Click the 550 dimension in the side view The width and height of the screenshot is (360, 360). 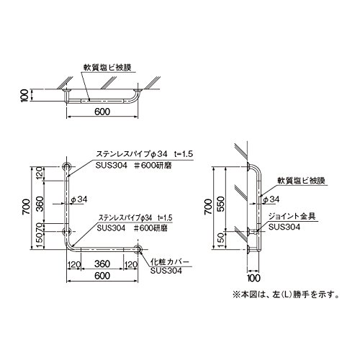221,204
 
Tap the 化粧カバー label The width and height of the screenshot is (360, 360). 170,261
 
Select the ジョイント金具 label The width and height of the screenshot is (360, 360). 292,217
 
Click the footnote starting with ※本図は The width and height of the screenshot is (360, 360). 286,294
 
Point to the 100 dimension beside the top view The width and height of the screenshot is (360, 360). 24,95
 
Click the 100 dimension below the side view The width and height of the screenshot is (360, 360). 253,278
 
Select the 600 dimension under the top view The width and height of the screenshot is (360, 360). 102,112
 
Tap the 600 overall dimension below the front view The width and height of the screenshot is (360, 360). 102,276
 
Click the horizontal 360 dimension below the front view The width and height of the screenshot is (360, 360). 102,264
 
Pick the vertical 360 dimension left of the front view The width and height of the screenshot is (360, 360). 40,204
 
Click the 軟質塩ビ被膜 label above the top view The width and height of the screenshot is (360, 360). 107,68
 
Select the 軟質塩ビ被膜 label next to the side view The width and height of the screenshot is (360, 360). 301,180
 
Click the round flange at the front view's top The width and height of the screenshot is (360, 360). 66,166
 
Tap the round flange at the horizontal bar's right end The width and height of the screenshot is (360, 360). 138,249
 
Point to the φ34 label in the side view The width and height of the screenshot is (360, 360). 271,199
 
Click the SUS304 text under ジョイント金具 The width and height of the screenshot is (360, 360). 284,227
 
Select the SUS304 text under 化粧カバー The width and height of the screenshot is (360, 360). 166,271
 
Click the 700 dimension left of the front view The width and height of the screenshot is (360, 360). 26,207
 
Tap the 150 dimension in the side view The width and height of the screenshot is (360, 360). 221,240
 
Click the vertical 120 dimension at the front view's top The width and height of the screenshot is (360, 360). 40,173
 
